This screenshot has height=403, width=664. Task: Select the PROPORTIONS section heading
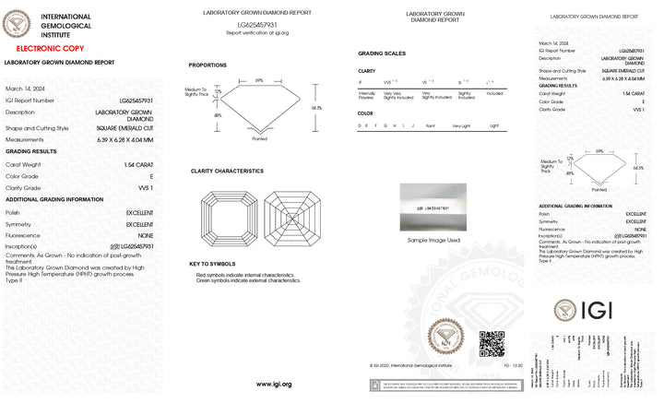[x=207, y=65]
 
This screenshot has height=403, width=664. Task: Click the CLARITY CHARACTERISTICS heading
[x=227, y=171]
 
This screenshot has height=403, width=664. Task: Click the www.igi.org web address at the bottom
[x=273, y=384]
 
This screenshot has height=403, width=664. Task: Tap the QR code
[x=492, y=343]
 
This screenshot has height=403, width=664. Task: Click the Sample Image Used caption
[x=433, y=240]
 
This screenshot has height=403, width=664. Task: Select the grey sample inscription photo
[x=433, y=208]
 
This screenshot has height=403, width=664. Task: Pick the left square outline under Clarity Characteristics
[x=228, y=218]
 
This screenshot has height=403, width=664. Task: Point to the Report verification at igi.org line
[x=257, y=32]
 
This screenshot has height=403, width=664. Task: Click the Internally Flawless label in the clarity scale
[x=366, y=94]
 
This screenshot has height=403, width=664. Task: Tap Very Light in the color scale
[x=460, y=124]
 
